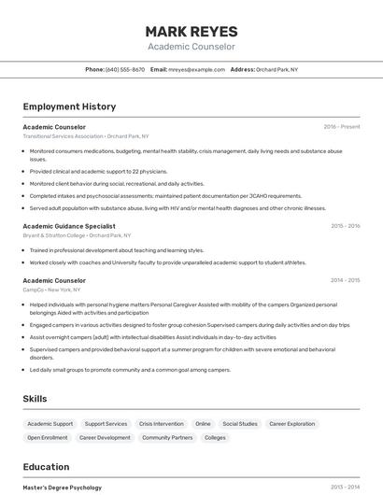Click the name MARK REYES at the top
point(191,32)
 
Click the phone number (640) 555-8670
point(125,69)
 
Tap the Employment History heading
point(69,106)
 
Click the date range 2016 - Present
point(342,126)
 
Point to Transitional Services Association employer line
point(86,136)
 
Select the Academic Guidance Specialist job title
point(69,225)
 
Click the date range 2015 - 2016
point(345,225)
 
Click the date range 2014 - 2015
point(345,280)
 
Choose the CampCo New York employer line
point(52,290)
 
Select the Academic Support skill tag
point(50,424)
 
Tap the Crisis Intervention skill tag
point(162,424)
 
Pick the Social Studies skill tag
point(240,424)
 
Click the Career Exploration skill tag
point(292,424)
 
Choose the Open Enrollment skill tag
point(48,437)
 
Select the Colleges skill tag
point(215,437)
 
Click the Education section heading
point(46,467)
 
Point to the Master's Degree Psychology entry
point(63,488)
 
